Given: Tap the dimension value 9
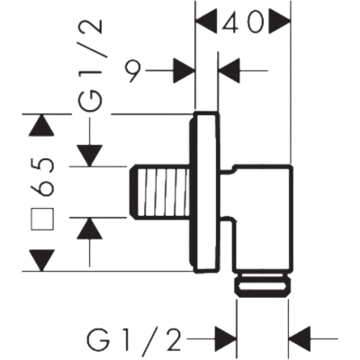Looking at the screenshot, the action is coord(132,71).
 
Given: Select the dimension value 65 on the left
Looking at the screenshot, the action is coord(43,177).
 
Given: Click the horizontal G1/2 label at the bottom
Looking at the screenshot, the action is coord(134,340).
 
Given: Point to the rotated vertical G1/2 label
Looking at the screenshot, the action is coord(90,66).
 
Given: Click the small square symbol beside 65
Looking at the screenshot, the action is coord(42,219).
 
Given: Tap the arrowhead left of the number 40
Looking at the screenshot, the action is coord(206,21).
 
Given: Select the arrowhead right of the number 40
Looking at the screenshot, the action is coord(280,21).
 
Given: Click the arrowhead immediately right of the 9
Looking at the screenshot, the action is coord(184,71).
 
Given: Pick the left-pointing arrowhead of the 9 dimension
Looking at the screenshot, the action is coord(230,71).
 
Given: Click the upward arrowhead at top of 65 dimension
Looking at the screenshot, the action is coord(43,125).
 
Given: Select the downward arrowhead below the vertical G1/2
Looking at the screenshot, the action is coord(89,156).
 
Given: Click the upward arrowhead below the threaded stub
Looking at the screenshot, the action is coord(89,229).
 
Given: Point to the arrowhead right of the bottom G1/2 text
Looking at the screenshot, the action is coord(225,339).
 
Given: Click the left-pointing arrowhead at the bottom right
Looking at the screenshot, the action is coord(300,339).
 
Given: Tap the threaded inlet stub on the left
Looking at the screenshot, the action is coord(159,191).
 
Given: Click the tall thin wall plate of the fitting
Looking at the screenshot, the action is coord(205,192).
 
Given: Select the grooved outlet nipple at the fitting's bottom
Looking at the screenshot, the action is coord(263,283).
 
